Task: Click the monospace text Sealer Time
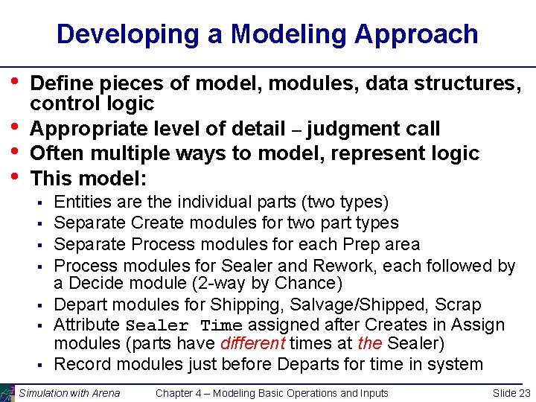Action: (184, 326)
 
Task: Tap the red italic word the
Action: (370, 343)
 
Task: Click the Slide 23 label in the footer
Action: (511, 393)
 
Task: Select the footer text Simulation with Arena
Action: (69, 393)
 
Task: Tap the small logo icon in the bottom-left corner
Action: (7, 393)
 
